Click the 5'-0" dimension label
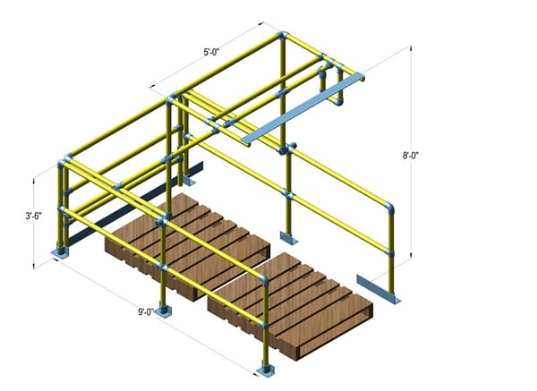click(x=211, y=52)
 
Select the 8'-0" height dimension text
click(x=410, y=156)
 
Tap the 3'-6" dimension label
click(x=34, y=216)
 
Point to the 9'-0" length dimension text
click(x=146, y=312)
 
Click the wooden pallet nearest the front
click(x=290, y=305)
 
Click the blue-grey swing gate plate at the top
click(x=303, y=108)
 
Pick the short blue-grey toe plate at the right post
click(x=378, y=289)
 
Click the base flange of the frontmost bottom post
click(x=266, y=370)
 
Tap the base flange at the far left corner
click(x=60, y=252)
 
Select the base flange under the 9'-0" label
click(x=164, y=312)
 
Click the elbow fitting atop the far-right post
click(x=389, y=207)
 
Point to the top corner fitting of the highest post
click(x=283, y=35)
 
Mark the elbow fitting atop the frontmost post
click(x=263, y=280)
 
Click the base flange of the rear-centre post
click(x=289, y=238)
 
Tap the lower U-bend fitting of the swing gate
click(x=338, y=101)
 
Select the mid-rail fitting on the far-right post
click(x=389, y=253)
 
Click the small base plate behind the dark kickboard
click(x=190, y=181)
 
